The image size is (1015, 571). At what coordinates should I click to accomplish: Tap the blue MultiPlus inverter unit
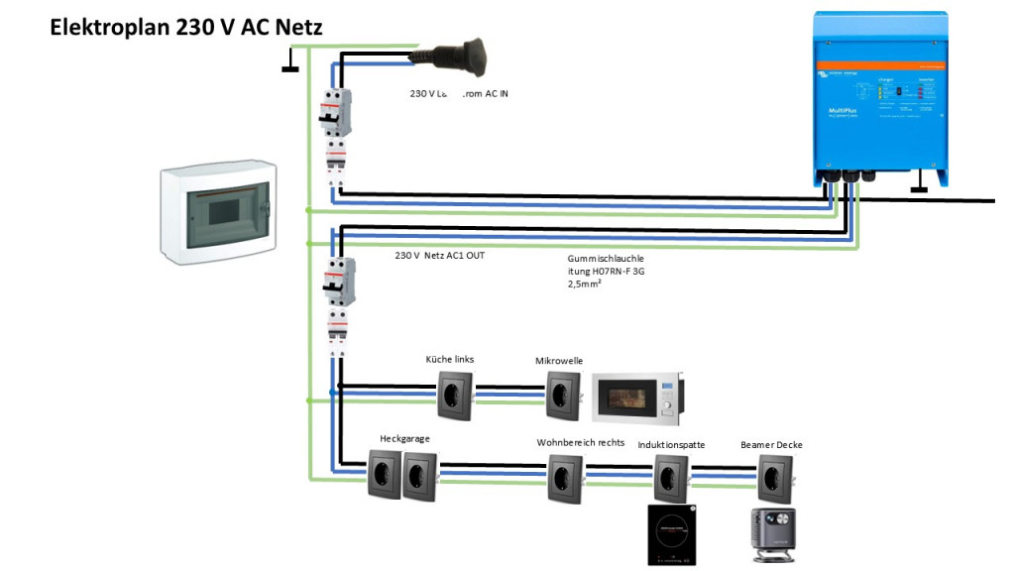pos(879,94)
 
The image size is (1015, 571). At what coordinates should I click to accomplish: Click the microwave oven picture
pos(637,399)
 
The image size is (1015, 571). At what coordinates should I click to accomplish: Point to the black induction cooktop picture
pos(672,534)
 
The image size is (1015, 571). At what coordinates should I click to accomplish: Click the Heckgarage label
pos(404,438)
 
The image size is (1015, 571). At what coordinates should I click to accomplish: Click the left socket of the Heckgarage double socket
pos(385,473)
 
